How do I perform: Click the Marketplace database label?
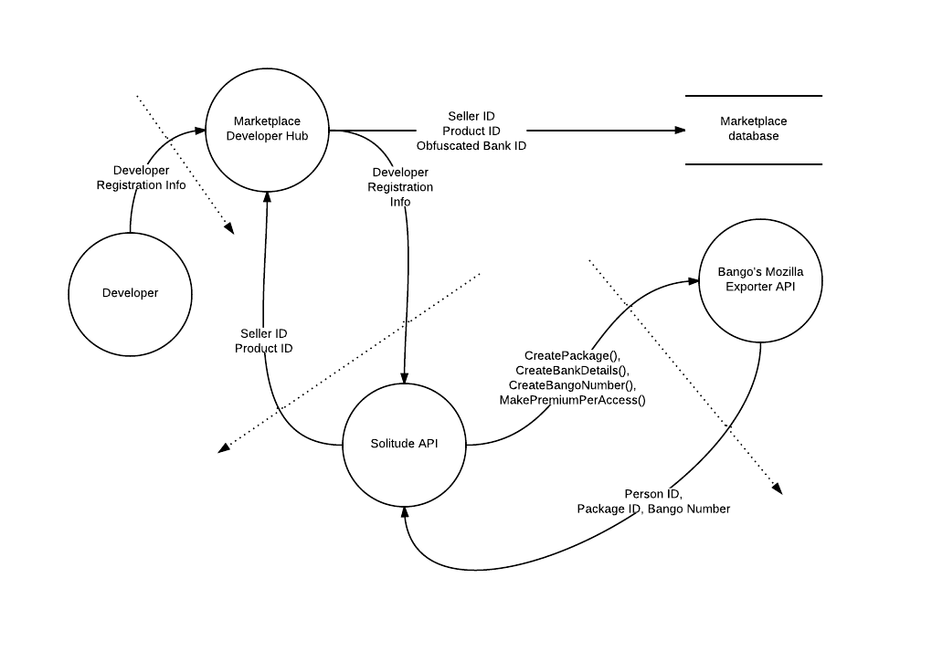tap(753, 128)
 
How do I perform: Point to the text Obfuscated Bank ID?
tap(471, 146)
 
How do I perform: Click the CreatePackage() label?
tap(572, 355)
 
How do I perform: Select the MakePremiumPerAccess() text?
tap(572, 400)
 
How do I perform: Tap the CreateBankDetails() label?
tap(572, 371)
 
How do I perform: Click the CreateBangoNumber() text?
tap(572, 385)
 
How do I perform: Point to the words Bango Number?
tap(689, 509)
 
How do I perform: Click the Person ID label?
tap(653, 494)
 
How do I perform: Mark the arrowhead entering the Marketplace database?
tap(680, 130)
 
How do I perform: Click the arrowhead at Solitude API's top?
tap(404, 378)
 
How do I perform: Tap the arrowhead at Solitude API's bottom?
tap(405, 512)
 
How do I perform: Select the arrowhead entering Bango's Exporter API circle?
tap(693, 281)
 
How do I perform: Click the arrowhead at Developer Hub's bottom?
tap(267, 198)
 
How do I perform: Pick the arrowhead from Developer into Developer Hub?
tap(200, 130)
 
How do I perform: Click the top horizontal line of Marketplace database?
tap(754, 96)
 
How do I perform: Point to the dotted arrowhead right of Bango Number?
tap(778, 489)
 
